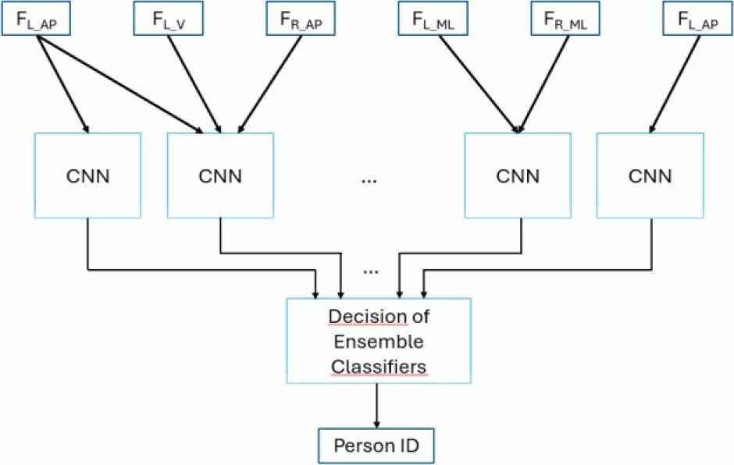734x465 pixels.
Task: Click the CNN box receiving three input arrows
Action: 220,176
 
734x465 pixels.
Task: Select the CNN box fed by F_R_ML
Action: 517,176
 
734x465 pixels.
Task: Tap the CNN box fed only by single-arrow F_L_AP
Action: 649,176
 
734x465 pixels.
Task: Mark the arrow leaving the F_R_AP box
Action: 270,82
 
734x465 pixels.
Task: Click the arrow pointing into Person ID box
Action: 379,405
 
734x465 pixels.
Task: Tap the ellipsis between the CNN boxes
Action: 369,180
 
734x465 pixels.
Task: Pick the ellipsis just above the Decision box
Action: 370,271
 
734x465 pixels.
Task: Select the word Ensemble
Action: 379,342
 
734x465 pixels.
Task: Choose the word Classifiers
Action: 379,367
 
